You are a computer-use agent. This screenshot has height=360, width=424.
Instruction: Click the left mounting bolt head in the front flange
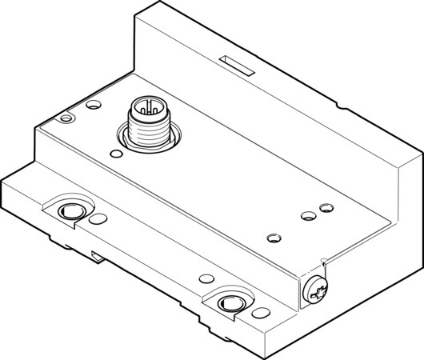[x=70, y=210]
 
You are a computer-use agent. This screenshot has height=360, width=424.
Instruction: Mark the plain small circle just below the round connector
[x=118, y=151]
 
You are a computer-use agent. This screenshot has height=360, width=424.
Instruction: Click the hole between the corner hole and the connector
[x=94, y=105]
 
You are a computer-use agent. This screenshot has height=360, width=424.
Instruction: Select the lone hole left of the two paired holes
[x=274, y=237]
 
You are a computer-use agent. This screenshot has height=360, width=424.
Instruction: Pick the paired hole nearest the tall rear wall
[x=324, y=207]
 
